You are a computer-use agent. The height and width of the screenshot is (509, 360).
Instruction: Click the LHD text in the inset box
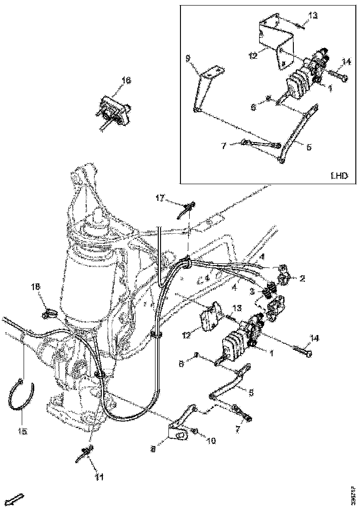(x=339, y=175)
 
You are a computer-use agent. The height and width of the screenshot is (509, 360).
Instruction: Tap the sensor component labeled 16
(x=112, y=112)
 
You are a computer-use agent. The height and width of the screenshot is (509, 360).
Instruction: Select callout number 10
(x=211, y=441)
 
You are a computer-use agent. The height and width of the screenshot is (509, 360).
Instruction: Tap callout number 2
(x=302, y=278)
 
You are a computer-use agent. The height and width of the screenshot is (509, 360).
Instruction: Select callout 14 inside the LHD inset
(x=346, y=61)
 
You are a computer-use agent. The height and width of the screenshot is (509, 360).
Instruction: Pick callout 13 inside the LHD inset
(x=313, y=16)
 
